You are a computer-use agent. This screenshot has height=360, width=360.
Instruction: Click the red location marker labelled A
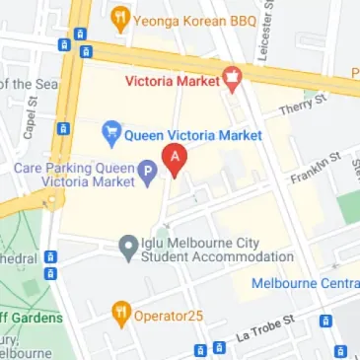pyautogui.click(x=176, y=159)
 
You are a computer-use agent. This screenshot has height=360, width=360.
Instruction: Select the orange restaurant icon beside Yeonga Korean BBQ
pyautogui.click(x=120, y=16)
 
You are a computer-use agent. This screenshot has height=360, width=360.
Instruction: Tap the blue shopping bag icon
pyautogui.click(x=112, y=130)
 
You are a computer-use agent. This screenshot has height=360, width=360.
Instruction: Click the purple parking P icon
pyautogui.click(x=148, y=174)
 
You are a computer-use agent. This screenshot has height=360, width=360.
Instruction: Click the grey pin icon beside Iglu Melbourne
pyautogui.click(x=127, y=245)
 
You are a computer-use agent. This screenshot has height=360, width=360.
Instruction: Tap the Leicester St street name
pyautogui.click(x=263, y=30)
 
